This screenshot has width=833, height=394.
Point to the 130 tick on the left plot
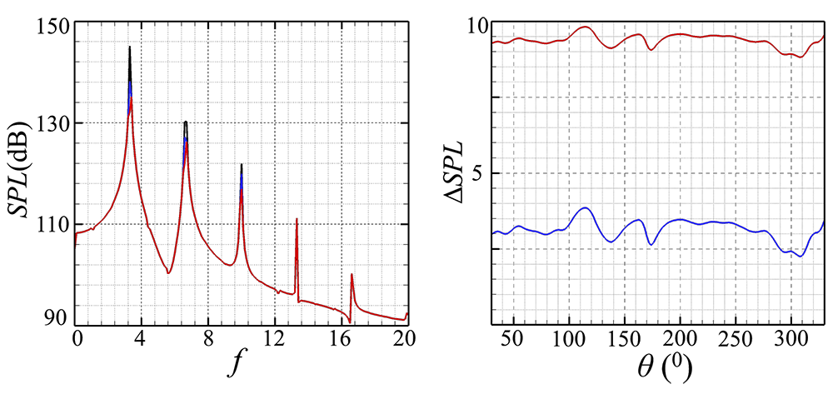coord(54,123)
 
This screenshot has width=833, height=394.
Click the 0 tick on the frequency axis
coord(77,339)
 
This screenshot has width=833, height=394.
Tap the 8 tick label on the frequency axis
coord(207,339)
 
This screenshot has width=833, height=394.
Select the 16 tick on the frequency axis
coord(338,339)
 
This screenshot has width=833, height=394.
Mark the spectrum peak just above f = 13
coord(297,219)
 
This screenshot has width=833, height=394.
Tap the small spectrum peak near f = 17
coord(352,274)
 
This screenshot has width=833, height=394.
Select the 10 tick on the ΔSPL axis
coord(477,26)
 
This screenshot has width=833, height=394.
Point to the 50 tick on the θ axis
coord(511,340)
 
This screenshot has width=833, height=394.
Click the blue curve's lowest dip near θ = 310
coord(801,257)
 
